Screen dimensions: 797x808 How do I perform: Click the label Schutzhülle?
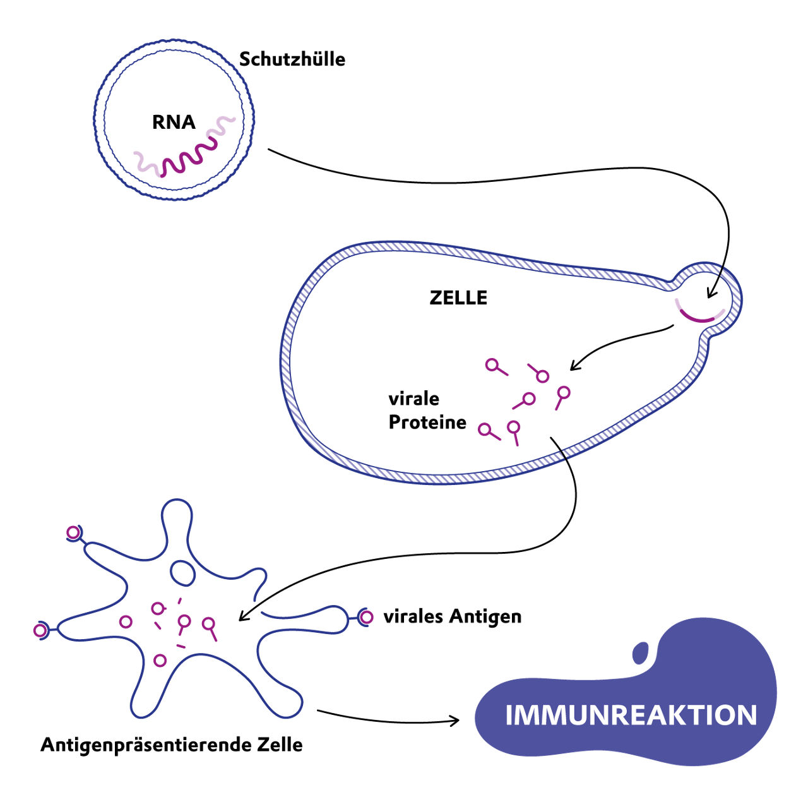[292, 59]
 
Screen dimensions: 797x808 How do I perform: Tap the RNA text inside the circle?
[174, 122]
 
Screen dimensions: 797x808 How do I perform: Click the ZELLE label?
[458, 298]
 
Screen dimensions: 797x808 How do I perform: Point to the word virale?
[413, 398]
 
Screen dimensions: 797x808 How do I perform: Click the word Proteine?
[427, 422]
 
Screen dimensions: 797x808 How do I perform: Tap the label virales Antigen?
[453, 616]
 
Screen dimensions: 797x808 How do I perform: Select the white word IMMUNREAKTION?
[631, 715]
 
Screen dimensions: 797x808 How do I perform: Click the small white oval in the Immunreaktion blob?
[641, 652]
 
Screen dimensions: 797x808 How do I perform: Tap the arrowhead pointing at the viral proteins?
[574, 366]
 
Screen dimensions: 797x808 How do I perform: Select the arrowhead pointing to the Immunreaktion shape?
[455, 720]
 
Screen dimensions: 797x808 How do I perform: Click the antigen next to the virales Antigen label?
[366, 616]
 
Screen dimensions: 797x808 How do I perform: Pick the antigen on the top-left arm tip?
[74, 533]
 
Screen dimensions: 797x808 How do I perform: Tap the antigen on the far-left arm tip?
[40, 630]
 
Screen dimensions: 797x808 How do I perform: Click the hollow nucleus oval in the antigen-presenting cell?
[184, 572]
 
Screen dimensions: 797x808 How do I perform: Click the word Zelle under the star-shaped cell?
[280, 745]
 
